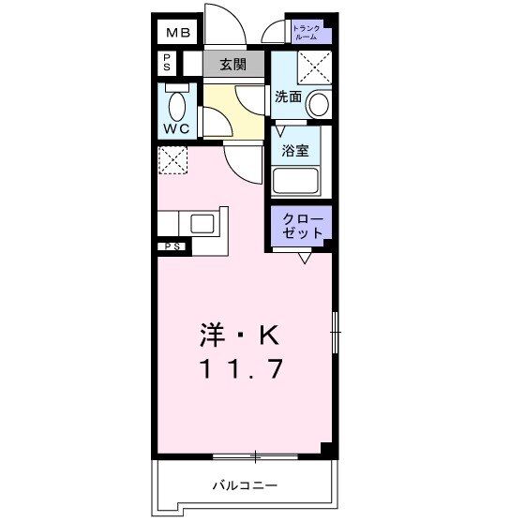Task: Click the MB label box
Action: pyautogui.click(x=178, y=34)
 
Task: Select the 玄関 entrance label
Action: pyautogui.click(x=233, y=65)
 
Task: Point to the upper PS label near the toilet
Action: pyautogui.click(x=166, y=64)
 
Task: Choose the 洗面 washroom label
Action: pyautogui.click(x=288, y=96)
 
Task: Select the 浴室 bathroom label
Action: pyautogui.click(x=296, y=150)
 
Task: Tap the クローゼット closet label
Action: pyautogui.click(x=303, y=225)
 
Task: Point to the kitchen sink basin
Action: pyautogui.click(x=203, y=224)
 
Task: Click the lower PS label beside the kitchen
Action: pyautogui.click(x=173, y=246)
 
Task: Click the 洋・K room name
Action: pyautogui.click(x=238, y=335)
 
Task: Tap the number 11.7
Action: pyautogui.click(x=238, y=369)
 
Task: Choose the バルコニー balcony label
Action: pyautogui.click(x=244, y=485)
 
